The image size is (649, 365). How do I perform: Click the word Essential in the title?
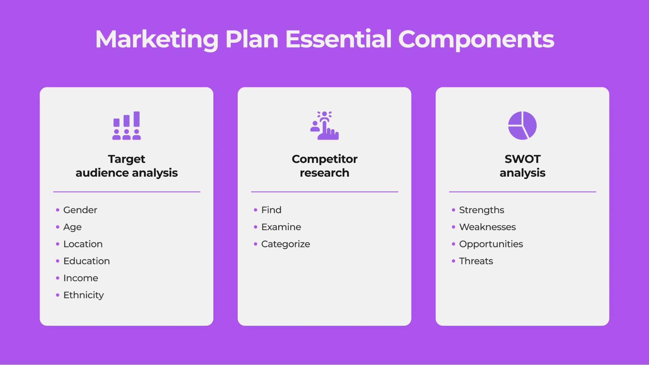[338, 39]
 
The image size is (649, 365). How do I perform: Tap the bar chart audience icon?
[126, 125]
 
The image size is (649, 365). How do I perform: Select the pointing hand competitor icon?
[324, 125]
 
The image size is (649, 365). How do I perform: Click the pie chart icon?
[522, 125]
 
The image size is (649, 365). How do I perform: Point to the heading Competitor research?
[324, 166]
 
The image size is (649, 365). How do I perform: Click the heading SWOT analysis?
[522, 166]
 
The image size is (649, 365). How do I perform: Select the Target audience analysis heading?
[126, 166]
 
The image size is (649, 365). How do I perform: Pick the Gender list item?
[80, 210]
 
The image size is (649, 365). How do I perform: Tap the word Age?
[72, 227]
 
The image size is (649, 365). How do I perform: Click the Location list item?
[83, 244]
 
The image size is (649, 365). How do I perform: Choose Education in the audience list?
[87, 261]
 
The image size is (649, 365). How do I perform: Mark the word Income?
[81, 278]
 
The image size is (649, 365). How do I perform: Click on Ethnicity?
[84, 295]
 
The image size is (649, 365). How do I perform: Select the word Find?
[271, 210]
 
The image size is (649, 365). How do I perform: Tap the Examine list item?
[281, 227]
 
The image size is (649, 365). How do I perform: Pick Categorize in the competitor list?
[286, 244]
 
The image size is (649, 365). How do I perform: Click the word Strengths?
[482, 210]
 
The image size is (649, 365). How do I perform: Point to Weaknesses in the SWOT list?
[487, 227]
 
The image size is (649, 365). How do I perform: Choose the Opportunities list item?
[491, 244]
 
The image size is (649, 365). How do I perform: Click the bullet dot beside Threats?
[453, 261]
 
